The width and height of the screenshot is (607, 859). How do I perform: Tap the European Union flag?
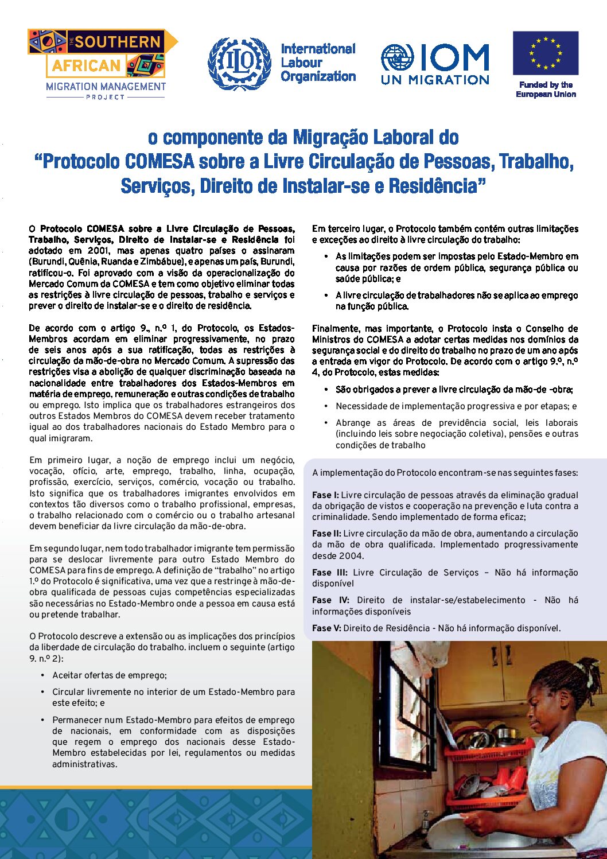[x=546, y=54]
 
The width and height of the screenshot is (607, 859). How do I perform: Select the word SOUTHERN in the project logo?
[x=118, y=42]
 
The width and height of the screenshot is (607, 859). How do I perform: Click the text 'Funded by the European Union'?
[x=546, y=90]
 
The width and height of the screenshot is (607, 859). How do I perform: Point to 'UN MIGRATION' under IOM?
[x=435, y=80]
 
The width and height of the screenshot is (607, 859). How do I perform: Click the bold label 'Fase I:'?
[x=325, y=495]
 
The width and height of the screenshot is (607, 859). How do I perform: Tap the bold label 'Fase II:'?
[x=326, y=534]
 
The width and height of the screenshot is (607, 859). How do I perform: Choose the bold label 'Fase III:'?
[x=330, y=573]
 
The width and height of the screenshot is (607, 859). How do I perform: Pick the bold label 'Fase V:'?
[x=326, y=628]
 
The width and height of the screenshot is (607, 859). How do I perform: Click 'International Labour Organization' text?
[x=318, y=63]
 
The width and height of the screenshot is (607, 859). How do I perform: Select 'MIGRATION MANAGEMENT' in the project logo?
[x=106, y=87]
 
